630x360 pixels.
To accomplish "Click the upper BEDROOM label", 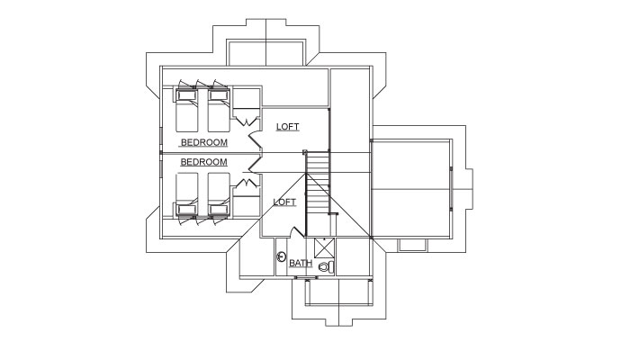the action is coord(204,142).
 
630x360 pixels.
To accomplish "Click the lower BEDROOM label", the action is coord(203,162).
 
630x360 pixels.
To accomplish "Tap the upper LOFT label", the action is coord(288,127).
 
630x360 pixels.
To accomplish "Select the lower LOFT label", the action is coord(284,202).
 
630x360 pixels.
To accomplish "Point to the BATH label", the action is coord(301,263).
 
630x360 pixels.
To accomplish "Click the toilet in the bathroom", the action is coord(326,266).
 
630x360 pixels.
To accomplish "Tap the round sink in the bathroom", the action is coord(282,256).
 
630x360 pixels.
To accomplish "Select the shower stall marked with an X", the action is coord(324,247).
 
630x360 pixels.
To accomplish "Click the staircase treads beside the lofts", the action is coord(318,183).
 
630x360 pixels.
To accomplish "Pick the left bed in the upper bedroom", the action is coord(187,110).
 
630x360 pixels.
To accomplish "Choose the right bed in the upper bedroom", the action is coord(219,110).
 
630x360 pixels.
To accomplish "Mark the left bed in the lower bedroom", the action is coord(187,194).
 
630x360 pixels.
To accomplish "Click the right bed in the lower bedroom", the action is coord(219,194).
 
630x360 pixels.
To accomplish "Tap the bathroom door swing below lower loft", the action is coord(297,232).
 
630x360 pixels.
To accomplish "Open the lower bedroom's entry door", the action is coord(255,166).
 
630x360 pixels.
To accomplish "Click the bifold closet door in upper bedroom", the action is coord(247,120).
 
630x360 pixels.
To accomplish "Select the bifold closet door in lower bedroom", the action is coord(247,184).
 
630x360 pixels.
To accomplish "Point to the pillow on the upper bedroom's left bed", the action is coord(187,95).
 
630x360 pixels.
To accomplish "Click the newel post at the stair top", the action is coord(305,152).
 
